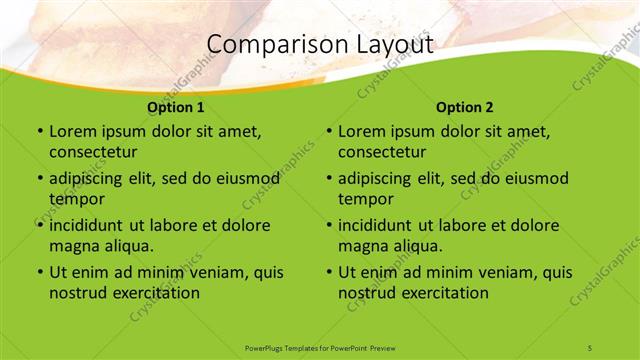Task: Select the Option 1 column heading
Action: (176, 107)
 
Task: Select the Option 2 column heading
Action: (465, 107)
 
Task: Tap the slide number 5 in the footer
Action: (590, 347)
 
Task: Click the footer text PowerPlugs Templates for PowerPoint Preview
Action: (320, 347)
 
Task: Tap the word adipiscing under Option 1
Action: (90, 179)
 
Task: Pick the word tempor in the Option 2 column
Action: (365, 199)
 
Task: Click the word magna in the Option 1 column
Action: (74, 246)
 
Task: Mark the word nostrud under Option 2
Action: (368, 293)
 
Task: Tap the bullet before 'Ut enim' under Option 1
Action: (39, 272)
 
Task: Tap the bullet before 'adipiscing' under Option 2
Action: (328, 179)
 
